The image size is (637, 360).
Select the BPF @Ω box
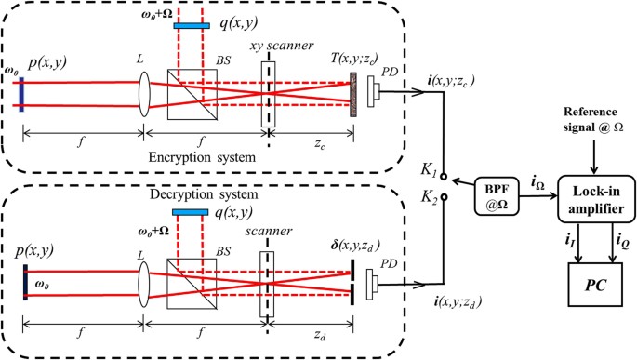[495, 192]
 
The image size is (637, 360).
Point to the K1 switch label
[430, 168]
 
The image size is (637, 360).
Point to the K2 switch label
[430, 197]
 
